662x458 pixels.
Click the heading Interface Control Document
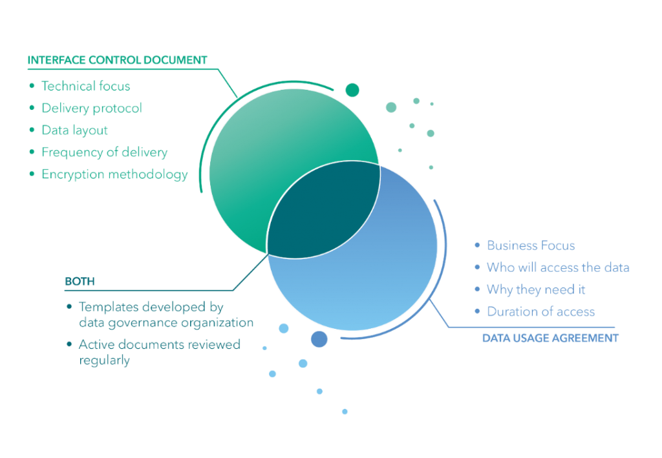point(117,61)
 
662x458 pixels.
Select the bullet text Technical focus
point(86,85)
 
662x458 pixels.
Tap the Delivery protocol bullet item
point(91,108)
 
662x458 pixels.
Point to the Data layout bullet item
point(74,130)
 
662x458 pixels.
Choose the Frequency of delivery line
point(104,152)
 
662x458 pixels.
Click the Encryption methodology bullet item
point(114,174)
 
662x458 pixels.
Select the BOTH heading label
point(79,282)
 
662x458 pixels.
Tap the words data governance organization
point(165,322)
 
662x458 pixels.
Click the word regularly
point(104,360)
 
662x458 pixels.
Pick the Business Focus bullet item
point(530,245)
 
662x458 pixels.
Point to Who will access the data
point(557,267)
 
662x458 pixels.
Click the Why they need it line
point(536,289)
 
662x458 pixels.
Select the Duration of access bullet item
point(540,312)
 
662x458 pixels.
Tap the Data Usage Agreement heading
point(550,338)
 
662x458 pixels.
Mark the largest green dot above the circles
point(352,90)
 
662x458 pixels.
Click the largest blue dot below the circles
point(319,339)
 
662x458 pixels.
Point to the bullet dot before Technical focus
point(32,85)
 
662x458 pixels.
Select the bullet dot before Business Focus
point(477,245)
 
